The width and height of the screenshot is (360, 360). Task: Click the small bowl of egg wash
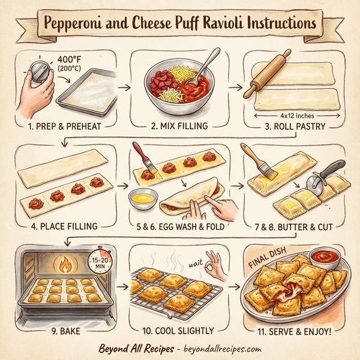(144, 197)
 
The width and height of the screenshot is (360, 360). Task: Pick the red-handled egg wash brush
(142, 159)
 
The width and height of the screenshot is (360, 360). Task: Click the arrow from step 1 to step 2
(124, 87)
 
